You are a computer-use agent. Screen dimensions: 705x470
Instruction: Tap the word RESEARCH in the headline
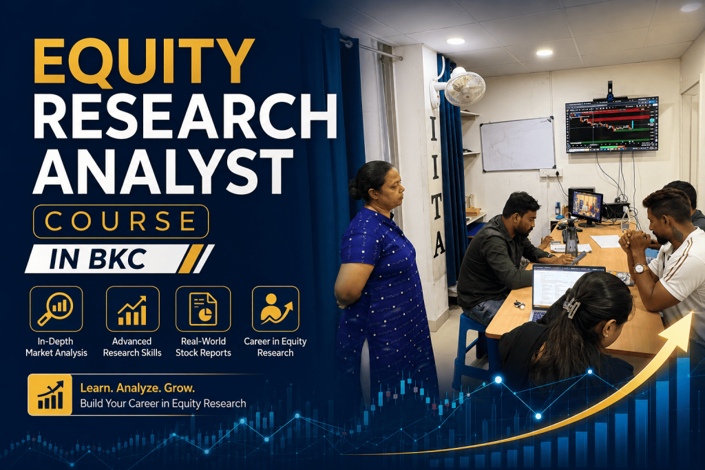pyautogui.click(x=185, y=116)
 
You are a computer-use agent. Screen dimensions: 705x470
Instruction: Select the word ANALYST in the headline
pyautogui.click(x=163, y=171)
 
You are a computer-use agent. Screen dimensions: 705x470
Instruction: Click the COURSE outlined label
pyautogui.click(x=120, y=221)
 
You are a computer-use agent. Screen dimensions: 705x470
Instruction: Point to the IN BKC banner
pyautogui.click(x=119, y=259)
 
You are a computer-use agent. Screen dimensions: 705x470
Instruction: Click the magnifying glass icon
pyautogui.click(x=56, y=309)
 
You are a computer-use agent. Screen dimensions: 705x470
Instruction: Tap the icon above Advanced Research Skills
pyautogui.click(x=132, y=310)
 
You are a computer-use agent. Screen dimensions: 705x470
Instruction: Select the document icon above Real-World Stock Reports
pyautogui.click(x=203, y=309)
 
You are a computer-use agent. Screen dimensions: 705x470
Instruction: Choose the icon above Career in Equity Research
pyautogui.click(x=275, y=309)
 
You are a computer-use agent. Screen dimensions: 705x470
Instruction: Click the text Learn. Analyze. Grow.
pyautogui.click(x=137, y=388)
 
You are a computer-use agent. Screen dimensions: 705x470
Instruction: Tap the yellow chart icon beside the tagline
pyautogui.click(x=50, y=394)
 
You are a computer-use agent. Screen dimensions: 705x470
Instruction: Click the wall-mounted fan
pyautogui.click(x=461, y=87)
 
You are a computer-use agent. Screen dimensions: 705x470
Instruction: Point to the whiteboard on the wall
pyautogui.click(x=518, y=145)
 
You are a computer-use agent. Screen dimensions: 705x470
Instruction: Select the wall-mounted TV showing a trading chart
pyautogui.click(x=612, y=125)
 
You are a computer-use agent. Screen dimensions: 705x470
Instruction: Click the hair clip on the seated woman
pyautogui.click(x=572, y=306)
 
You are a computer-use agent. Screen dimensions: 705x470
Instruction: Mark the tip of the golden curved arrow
pyautogui.click(x=691, y=312)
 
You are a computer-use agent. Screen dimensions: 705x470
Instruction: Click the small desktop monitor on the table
pyautogui.click(x=585, y=207)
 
